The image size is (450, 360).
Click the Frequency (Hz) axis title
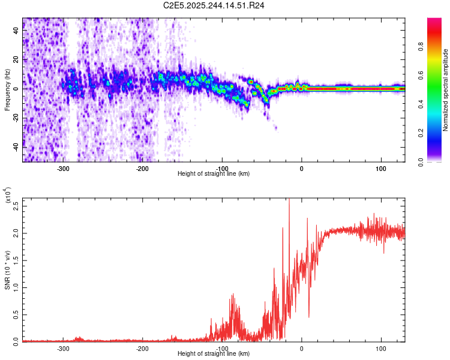point(7,90)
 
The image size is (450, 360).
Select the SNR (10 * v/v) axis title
point(7,269)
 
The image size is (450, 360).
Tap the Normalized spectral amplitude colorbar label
point(445,90)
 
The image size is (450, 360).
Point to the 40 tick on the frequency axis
point(16,31)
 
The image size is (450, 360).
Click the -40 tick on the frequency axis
point(16,146)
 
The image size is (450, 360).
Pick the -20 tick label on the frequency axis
point(16,118)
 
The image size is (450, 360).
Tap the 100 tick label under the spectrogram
point(380,168)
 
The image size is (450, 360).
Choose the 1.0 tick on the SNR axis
point(16,287)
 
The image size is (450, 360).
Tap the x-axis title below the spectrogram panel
point(214,174)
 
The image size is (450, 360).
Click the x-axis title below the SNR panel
point(214,354)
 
